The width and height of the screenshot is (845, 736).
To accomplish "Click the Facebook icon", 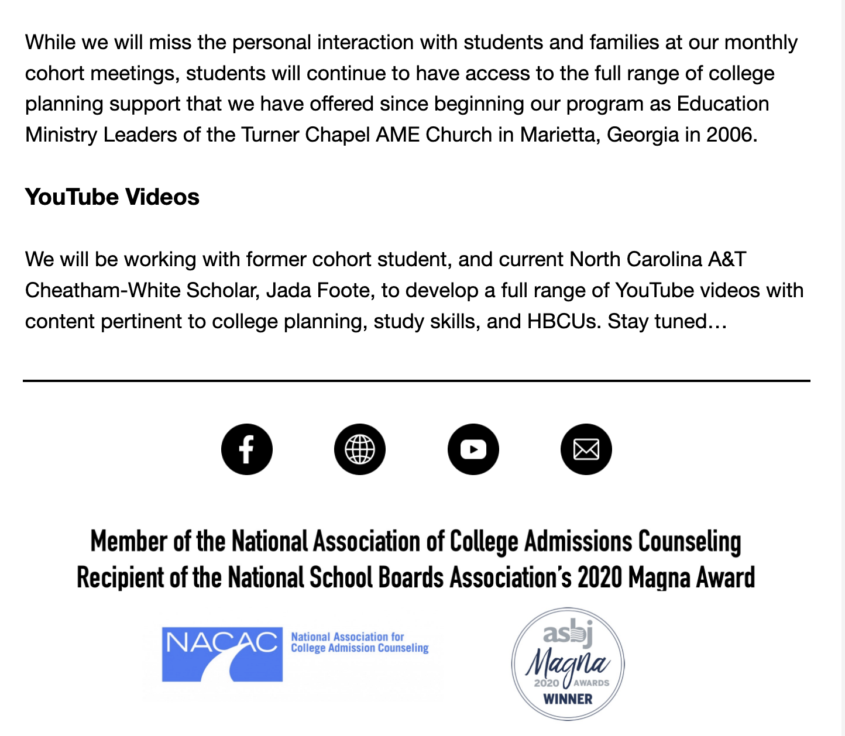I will [246, 449].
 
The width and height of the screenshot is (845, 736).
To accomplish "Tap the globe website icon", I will [360, 449].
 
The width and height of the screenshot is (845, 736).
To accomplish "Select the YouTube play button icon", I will [473, 449].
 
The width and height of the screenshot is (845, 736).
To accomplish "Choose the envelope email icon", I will [586, 449].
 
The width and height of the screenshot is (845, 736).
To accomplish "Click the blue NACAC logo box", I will [222, 654].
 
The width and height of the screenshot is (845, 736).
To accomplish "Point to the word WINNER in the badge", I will [568, 699].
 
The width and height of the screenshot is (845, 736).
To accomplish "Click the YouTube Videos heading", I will [112, 197].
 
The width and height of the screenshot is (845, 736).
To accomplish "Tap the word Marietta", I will [560, 135].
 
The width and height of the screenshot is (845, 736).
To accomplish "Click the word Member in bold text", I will [129, 541].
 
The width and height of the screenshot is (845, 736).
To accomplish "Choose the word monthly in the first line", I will [761, 43].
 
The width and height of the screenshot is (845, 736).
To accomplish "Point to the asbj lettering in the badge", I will [568, 634].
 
